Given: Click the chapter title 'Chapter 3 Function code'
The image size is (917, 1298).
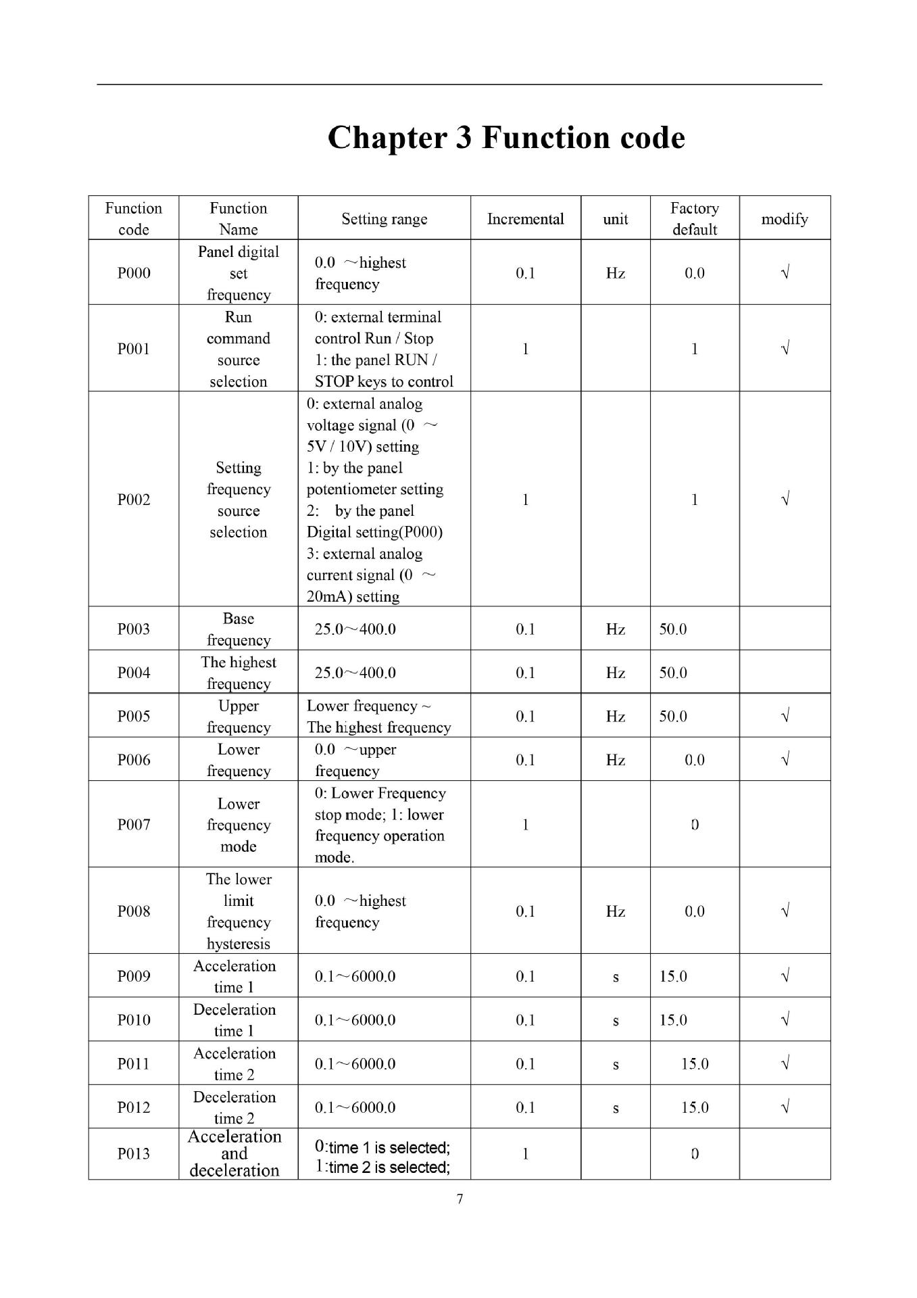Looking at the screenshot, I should (506, 137).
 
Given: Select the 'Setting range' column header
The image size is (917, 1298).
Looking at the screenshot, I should (384, 219).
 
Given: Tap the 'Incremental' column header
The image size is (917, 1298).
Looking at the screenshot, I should (525, 219).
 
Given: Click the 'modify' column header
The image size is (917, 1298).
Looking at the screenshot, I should (784, 219).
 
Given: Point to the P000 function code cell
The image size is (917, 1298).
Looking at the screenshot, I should (134, 273).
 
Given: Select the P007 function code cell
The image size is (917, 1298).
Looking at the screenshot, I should (134, 825).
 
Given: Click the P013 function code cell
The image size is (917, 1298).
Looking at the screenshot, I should (134, 1154).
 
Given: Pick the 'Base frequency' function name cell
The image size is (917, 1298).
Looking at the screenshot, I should (239, 629).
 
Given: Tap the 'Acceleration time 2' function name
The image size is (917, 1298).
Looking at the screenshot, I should (234, 1064).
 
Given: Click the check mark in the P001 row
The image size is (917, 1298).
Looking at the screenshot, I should (785, 349).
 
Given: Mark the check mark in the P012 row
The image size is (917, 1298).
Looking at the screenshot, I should (785, 1107).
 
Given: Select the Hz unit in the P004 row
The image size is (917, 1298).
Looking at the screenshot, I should (615, 673).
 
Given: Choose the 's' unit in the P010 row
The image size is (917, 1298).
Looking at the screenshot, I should (615, 1021).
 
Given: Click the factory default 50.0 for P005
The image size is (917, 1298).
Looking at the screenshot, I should (673, 717).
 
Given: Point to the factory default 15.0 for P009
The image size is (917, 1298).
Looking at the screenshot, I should (673, 977).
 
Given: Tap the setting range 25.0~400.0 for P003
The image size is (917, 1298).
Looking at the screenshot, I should (355, 629).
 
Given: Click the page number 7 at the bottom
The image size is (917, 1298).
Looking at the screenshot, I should (460, 1199).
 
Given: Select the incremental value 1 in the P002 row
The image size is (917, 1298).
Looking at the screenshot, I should (525, 500).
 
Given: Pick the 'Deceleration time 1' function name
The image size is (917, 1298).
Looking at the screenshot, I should (234, 1020).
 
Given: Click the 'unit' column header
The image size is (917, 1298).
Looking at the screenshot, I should (615, 219).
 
